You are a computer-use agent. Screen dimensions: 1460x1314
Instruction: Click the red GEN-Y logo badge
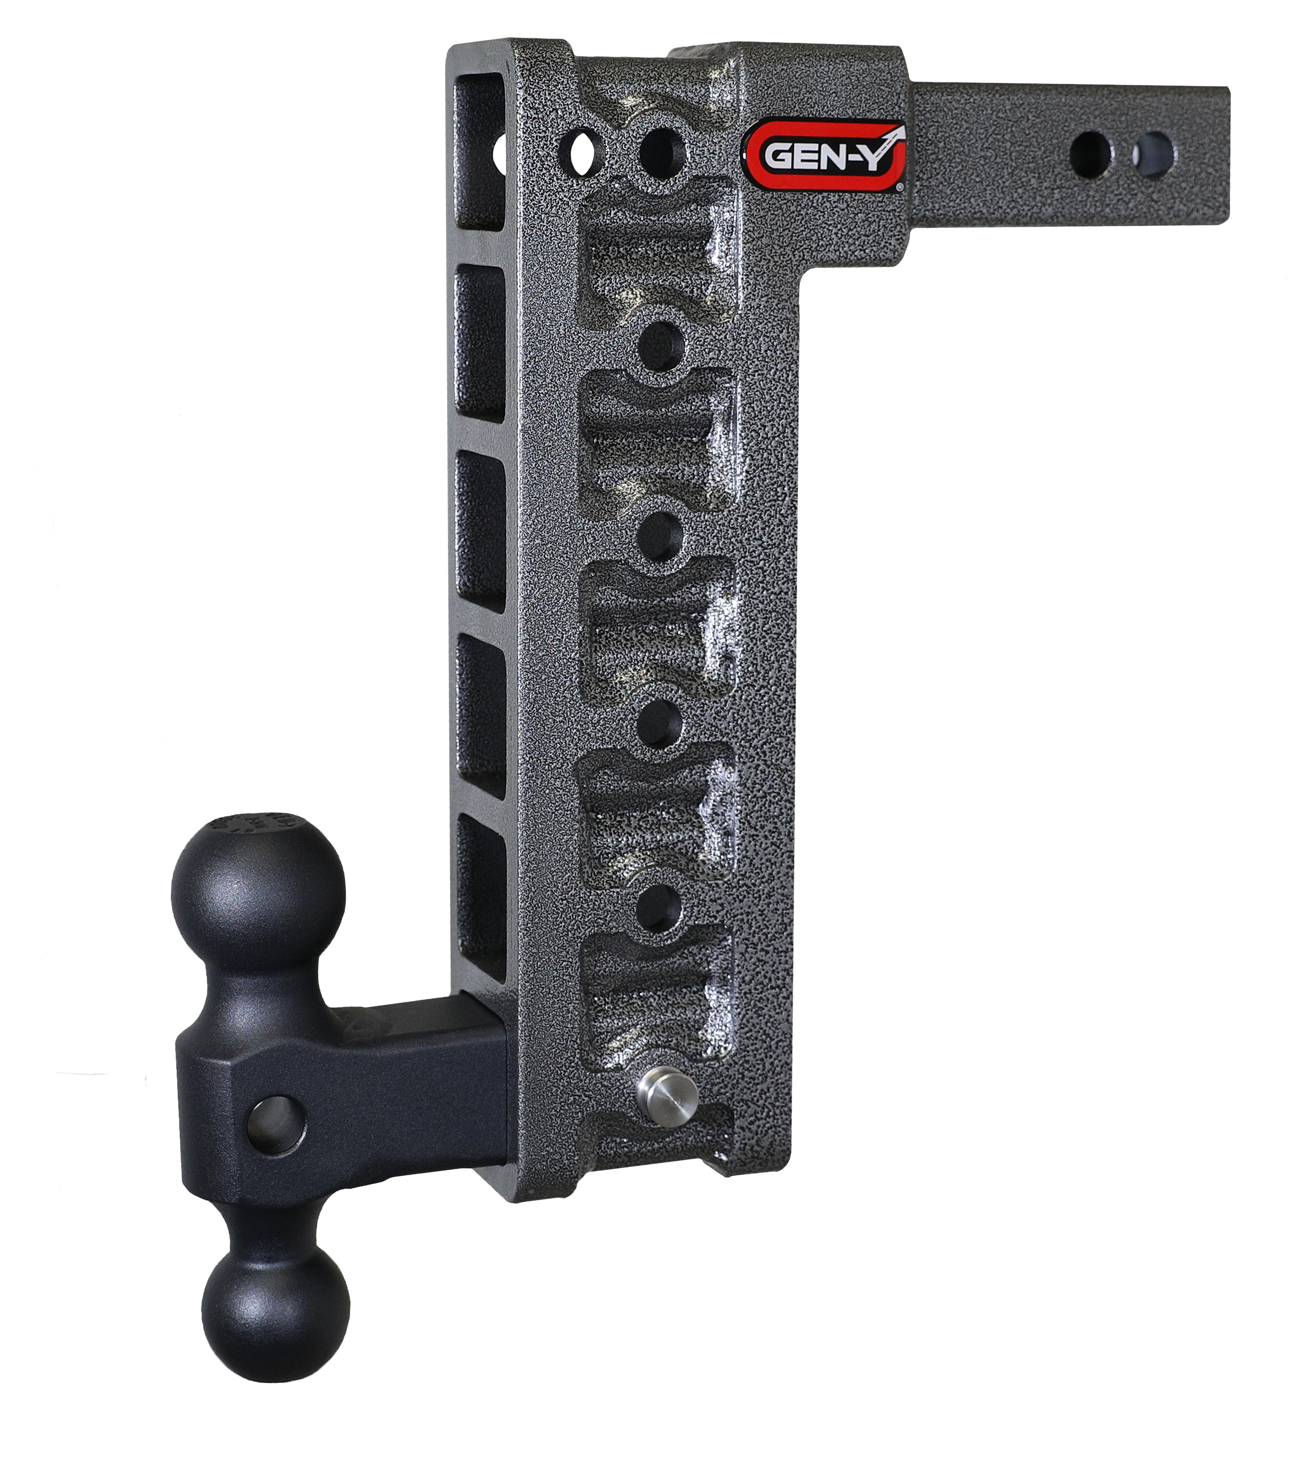pyautogui.click(x=824, y=154)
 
